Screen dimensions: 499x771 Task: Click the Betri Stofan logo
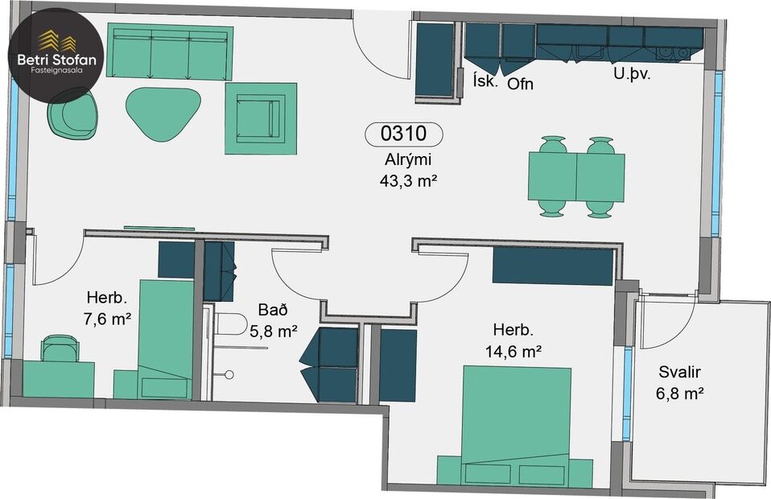[55, 54]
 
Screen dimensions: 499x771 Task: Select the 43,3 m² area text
[408, 181]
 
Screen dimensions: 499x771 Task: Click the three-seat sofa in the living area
[170, 52]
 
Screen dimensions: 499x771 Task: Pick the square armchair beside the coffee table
[261, 118]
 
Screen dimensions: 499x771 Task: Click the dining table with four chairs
[576, 177]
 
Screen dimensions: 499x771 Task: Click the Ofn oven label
[520, 84]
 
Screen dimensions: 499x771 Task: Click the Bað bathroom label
[270, 310]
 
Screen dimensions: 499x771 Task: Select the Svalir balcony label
[681, 372]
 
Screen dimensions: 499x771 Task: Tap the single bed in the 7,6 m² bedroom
[166, 338]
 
